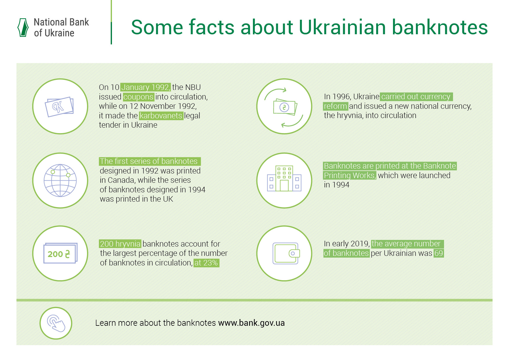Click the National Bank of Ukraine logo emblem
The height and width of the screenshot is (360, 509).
click(23, 28)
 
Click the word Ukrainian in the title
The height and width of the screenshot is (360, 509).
click(342, 27)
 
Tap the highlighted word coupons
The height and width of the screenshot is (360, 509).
click(138, 97)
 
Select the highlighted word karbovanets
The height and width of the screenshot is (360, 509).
click(161, 115)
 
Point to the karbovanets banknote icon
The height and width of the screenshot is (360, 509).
click(59, 107)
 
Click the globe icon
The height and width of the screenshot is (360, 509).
click(60, 180)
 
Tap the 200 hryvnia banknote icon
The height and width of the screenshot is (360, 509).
click(60, 253)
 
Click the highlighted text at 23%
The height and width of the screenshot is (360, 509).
click(206, 263)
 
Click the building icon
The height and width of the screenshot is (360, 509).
click(284, 178)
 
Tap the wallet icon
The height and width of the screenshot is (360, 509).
click(286, 253)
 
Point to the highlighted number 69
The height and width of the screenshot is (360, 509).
click(439, 253)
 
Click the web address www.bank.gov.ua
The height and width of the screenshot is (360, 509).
click(251, 323)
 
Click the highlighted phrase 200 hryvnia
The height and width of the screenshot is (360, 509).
click(120, 244)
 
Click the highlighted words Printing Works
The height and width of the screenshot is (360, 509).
click(349, 175)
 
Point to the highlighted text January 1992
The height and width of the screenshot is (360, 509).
click(145, 87)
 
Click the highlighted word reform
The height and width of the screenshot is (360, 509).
click(336, 106)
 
